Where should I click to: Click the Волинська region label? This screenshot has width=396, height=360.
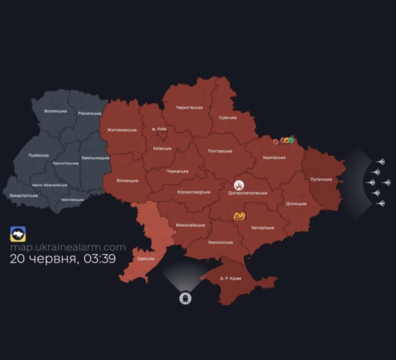point(55,110)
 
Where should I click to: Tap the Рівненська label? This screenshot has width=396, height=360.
point(89,113)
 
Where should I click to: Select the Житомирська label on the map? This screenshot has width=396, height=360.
point(122,130)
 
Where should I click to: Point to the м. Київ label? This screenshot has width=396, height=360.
point(159,129)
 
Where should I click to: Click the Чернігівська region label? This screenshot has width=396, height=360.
point(189,107)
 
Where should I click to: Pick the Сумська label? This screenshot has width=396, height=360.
point(227,117)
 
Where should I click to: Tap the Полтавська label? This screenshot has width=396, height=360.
point(220,150)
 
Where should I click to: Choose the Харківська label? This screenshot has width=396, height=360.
point(274,157)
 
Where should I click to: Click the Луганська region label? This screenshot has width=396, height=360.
point(321,179)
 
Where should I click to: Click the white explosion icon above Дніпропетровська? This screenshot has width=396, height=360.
point(239,185)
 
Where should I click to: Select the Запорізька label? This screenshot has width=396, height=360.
point(262,227)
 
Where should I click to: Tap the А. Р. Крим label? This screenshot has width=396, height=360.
point(231,278)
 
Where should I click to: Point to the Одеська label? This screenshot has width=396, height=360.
point(145,258)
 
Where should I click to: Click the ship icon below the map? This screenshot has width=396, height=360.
point(186,298)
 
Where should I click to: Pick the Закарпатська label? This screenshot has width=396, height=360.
point(23,195)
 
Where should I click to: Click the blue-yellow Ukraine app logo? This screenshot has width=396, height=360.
point(18,234)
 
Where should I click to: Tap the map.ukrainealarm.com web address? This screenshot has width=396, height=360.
point(68,247)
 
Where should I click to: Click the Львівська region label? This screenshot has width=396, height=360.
point(38,155)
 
